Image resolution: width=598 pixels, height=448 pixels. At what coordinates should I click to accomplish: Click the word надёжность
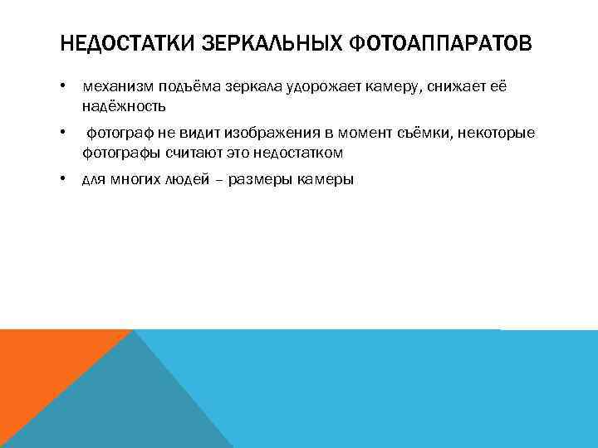(124, 106)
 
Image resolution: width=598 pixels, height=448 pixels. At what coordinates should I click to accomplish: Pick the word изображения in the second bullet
(271, 134)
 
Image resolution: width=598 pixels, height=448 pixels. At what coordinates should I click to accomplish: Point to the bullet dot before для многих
(63, 179)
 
